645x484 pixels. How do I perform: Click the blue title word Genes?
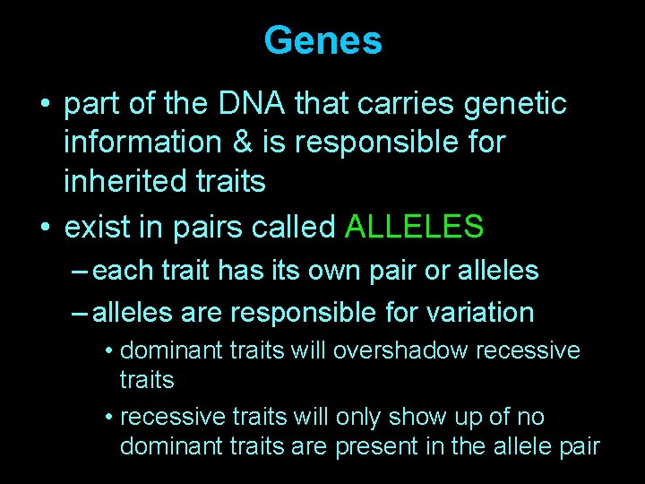(x=322, y=41)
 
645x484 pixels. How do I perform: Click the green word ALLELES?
(x=414, y=228)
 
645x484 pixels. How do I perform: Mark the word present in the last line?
(x=382, y=446)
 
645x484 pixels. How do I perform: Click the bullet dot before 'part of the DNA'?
(x=43, y=105)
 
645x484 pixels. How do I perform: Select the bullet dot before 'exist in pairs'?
(x=43, y=229)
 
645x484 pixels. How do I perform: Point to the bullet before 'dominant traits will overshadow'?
(x=107, y=350)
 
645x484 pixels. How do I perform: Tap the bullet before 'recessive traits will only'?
(x=107, y=418)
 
